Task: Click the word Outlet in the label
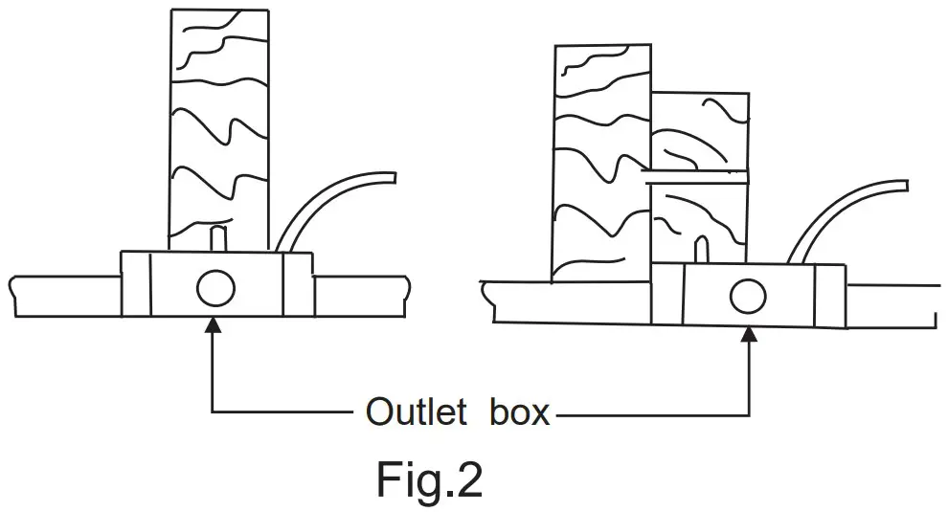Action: coord(415,412)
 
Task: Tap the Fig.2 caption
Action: coord(428,480)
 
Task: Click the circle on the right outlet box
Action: coord(748,297)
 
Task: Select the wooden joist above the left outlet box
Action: coord(217,124)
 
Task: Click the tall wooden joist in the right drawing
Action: coord(602,163)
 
